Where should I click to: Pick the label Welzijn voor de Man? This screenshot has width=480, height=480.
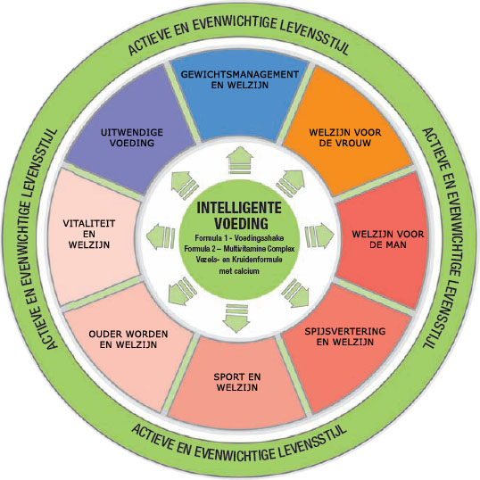click(x=388, y=239)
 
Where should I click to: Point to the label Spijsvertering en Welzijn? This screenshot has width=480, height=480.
click(x=345, y=336)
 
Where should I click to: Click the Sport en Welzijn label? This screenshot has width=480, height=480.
click(x=237, y=382)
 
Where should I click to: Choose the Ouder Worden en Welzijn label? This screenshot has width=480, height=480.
click(x=128, y=339)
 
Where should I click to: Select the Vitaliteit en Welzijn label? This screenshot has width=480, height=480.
click(x=89, y=234)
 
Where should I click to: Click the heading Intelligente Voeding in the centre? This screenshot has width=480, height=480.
click(x=239, y=216)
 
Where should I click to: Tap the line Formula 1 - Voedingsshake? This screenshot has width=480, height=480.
click(x=239, y=238)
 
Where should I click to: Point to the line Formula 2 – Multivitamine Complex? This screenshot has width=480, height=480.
click(x=239, y=249)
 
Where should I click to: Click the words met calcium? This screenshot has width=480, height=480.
click(x=239, y=271)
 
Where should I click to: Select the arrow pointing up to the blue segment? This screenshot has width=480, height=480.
click(x=240, y=160)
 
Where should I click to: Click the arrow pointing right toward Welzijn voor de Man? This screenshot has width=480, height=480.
click(x=319, y=236)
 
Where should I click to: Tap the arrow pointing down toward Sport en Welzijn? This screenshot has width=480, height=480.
click(x=236, y=319)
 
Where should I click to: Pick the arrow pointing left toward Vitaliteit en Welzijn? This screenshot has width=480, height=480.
click(x=161, y=236)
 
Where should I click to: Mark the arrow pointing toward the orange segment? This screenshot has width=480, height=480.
click(x=291, y=183)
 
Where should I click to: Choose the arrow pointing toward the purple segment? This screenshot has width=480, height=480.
click(x=185, y=186)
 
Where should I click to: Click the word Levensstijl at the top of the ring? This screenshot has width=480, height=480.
click(x=314, y=38)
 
